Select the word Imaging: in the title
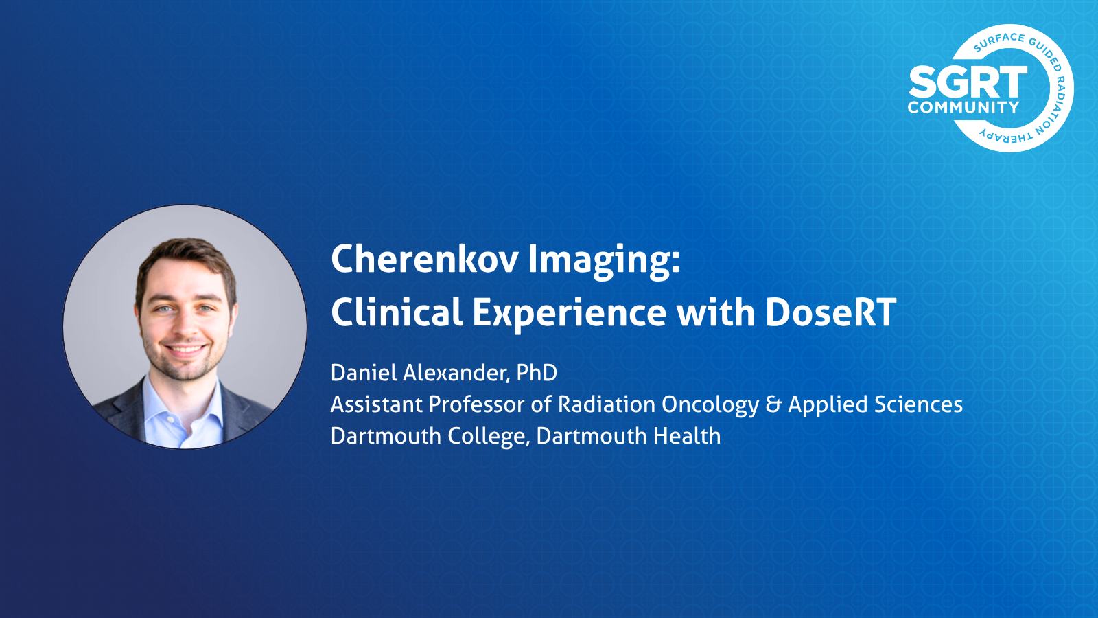[605, 262]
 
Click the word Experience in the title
[569, 314]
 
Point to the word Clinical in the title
[397, 312]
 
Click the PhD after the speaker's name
[537, 373]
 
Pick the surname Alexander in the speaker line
[454, 374]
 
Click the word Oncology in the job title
[710, 405]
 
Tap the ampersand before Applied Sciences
[773, 404]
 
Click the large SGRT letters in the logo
[968, 82]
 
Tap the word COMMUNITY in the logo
[963, 107]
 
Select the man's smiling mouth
[185, 350]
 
